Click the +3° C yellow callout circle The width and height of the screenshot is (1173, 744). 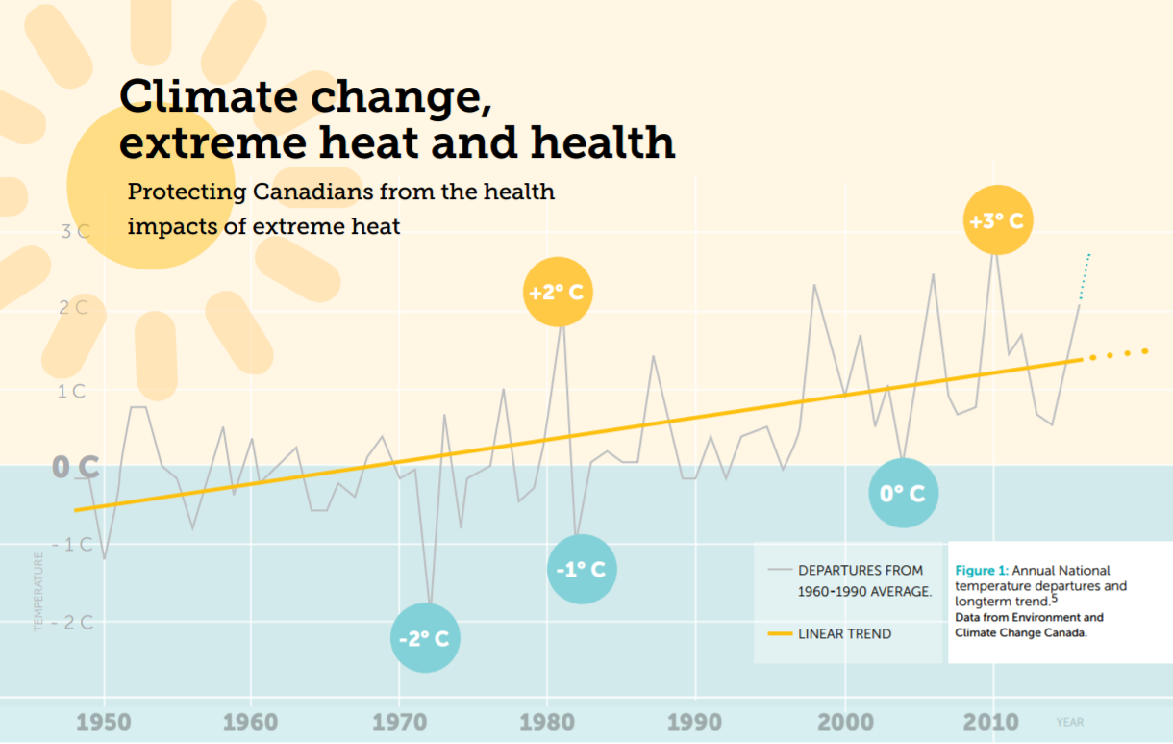(x=996, y=220)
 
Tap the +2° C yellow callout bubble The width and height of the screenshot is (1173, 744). (x=558, y=292)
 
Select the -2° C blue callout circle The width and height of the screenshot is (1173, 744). (x=425, y=637)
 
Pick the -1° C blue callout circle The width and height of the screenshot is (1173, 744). (x=582, y=569)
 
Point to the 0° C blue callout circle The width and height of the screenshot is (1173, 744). (x=903, y=493)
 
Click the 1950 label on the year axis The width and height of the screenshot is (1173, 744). (x=103, y=723)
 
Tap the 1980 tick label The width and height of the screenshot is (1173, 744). (x=547, y=723)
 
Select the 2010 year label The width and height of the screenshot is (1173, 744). (x=991, y=723)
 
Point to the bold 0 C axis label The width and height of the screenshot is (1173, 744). (x=75, y=468)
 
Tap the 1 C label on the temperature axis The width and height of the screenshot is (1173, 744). (x=72, y=392)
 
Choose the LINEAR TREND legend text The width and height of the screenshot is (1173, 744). (x=844, y=634)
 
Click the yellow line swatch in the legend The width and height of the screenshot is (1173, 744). (x=780, y=634)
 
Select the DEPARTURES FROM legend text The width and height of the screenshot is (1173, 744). (x=861, y=571)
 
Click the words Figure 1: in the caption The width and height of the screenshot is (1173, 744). (x=981, y=571)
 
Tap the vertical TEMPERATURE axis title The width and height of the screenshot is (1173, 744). (x=39, y=592)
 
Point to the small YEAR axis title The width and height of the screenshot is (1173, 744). (x=1069, y=722)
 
